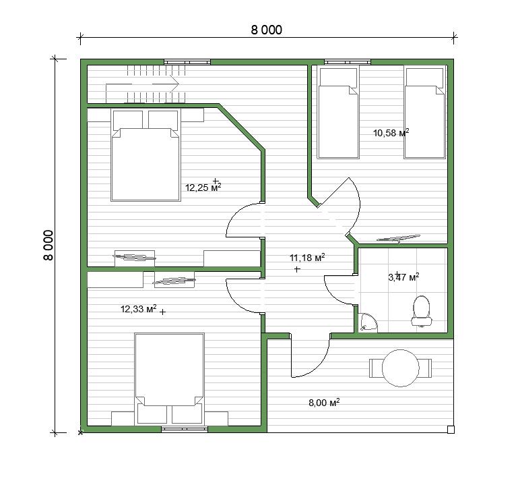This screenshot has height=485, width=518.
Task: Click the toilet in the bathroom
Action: pyautogui.click(x=422, y=312)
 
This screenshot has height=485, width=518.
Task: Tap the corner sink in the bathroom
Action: pyautogui.click(x=368, y=322)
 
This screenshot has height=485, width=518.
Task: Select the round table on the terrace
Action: pyautogui.click(x=400, y=368)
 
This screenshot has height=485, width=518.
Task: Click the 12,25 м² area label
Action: pyautogui.click(x=203, y=188)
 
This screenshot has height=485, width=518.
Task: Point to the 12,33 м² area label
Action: pyautogui.click(x=138, y=309)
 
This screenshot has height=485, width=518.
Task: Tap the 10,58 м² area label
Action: pyautogui.click(x=391, y=133)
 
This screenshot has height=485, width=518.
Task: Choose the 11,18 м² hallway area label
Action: pyautogui.click(x=307, y=258)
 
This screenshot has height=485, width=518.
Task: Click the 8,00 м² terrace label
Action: pyautogui.click(x=324, y=403)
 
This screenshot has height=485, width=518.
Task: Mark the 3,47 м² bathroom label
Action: pyautogui.click(x=403, y=277)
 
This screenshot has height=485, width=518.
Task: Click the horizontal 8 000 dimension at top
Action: pyautogui.click(x=267, y=30)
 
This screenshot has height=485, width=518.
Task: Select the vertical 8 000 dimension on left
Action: pyautogui.click(x=48, y=245)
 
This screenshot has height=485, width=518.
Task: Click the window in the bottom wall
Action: pyautogui.click(x=185, y=430)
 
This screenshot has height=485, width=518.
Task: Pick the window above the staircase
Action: pyautogui.click(x=187, y=62)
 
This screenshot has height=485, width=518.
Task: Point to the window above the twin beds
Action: pyautogui.click(x=347, y=62)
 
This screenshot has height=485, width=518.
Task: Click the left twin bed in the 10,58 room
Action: pyautogui.click(x=338, y=113)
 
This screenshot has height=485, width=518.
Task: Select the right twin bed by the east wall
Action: pyautogui.click(x=425, y=113)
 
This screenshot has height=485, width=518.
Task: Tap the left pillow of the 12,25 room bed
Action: pyautogui.click(x=128, y=120)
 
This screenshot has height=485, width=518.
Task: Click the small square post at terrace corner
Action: pyautogui.click(x=451, y=430)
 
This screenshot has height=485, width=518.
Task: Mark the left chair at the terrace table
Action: pyautogui.click(x=376, y=368)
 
